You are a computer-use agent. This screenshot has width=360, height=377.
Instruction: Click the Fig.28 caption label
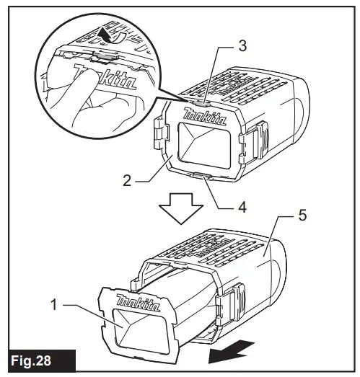point(43,358)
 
